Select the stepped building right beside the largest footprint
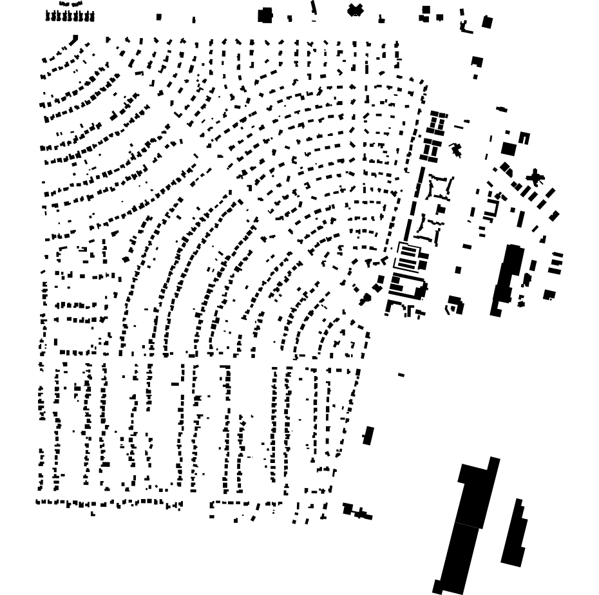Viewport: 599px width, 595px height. click(514, 534)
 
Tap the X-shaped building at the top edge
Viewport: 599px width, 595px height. click(355, 10)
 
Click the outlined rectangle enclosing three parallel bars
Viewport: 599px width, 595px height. click(408, 257)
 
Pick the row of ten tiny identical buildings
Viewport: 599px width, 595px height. click(70, 17)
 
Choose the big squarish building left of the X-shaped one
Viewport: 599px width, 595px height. click(265, 15)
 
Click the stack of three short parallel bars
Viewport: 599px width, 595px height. click(556, 263)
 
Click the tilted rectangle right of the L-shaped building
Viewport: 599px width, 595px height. click(488, 23)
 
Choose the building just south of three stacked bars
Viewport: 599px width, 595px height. click(549, 295)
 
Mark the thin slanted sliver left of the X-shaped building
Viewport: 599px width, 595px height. click(314, 8)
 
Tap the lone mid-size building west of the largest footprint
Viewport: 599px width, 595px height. click(368, 435)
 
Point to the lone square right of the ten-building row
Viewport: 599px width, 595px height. click(159, 17)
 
